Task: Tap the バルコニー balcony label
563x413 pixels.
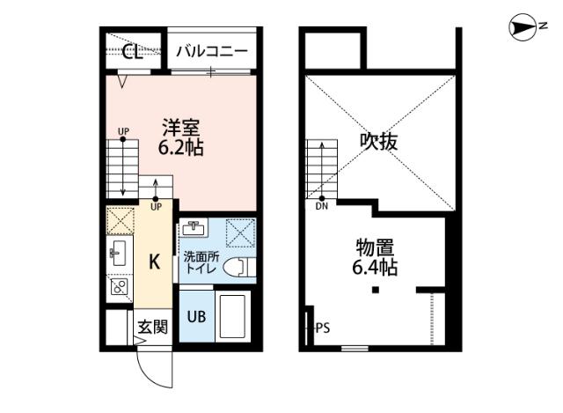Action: (211, 51)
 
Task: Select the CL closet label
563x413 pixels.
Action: (133, 51)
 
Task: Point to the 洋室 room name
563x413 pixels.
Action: (180, 126)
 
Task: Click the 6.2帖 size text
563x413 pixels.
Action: (180, 148)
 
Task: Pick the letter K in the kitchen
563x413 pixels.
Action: (153, 262)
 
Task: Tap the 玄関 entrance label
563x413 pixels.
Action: (151, 328)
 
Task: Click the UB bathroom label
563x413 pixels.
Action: (196, 314)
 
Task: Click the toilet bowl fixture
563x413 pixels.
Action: (238, 268)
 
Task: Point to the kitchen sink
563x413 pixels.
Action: (118, 254)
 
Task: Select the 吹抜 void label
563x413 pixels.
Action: (379, 141)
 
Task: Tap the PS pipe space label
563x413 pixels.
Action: (322, 328)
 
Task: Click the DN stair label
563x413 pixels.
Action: (322, 208)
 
